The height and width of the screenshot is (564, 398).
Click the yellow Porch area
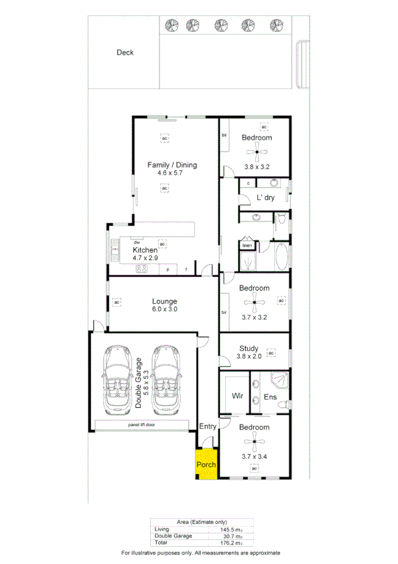(206, 464)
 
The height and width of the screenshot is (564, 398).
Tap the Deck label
(125, 53)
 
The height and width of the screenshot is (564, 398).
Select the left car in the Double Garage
(118, 380)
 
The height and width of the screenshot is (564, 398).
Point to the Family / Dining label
(172, 165)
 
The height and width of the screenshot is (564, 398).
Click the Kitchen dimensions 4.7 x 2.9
(144, 257)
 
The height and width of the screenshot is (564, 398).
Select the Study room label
(249, 348)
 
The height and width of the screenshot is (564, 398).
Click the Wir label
(237, 396)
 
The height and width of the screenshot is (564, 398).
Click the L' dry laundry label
(266, 198)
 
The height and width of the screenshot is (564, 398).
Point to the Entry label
(207, 426)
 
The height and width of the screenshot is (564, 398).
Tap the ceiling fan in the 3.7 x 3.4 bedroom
(254, 441)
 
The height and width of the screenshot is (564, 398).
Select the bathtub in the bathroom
(281, 257)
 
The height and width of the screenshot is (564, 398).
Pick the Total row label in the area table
(161, 543)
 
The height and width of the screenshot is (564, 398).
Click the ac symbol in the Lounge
(117, 303)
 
